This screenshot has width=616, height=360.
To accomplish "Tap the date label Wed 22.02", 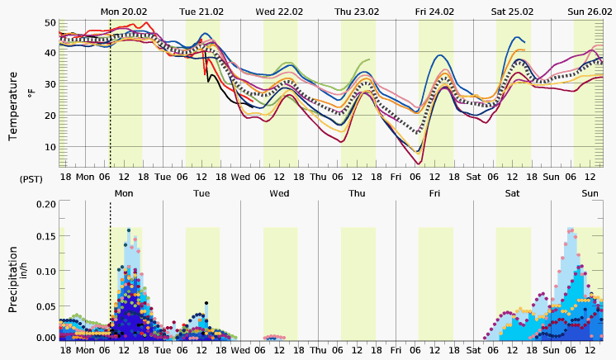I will pos(278,11).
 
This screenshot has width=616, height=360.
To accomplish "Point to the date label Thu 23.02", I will pos(356,11).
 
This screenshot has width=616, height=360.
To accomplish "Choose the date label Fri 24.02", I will pos(434,11).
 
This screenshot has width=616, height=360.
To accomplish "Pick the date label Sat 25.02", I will pos(512,11).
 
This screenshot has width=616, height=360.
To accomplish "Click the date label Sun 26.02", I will pos(590,11).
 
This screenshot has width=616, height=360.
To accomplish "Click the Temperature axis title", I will pos(13,106).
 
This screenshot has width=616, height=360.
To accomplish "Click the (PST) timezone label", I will pos(31,178).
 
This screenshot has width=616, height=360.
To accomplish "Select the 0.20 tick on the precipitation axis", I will pos(46,203).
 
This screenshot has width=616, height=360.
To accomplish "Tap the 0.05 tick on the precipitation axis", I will pos(46,304).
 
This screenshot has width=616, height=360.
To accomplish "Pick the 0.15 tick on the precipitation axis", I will pos(46,237).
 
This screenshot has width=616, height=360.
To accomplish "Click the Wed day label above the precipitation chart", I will pos(279,193).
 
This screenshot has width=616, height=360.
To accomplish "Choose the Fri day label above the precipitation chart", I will pos(434,193).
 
